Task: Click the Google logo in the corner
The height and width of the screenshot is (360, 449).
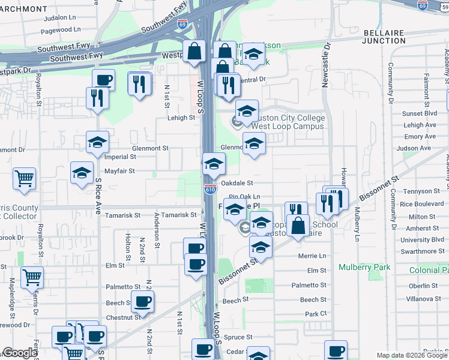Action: [19, 353]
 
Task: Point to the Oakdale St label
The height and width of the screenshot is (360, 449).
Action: [237, 183]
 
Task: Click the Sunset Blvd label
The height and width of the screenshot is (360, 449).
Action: [420, 113]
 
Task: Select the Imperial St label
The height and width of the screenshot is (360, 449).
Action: [121, 157]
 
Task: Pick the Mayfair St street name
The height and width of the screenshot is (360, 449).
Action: [119, 171]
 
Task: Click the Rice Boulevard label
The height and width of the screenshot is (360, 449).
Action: [421, 205]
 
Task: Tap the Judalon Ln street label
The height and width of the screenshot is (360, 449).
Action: [59, 18]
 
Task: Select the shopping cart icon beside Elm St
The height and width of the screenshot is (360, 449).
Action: [32, 277]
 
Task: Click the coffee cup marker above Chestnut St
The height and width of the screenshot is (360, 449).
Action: [142, 302]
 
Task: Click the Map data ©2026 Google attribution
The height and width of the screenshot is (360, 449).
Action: [411, 355]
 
